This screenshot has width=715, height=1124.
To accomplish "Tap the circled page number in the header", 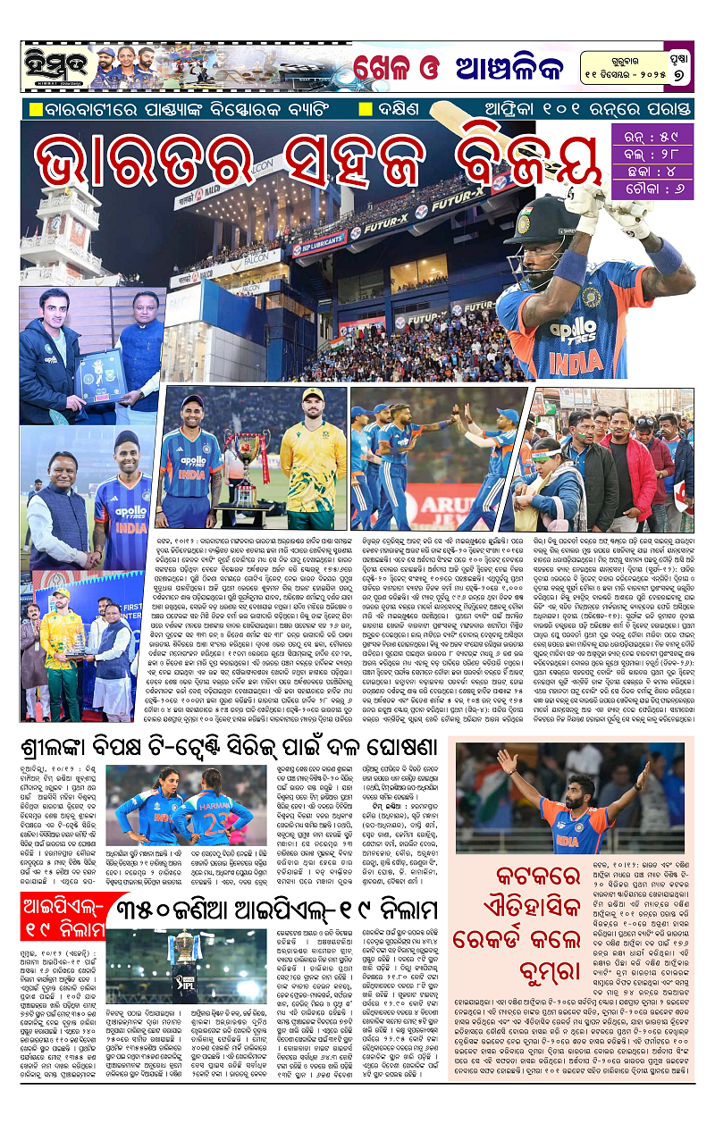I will click(x=679, y=75).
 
